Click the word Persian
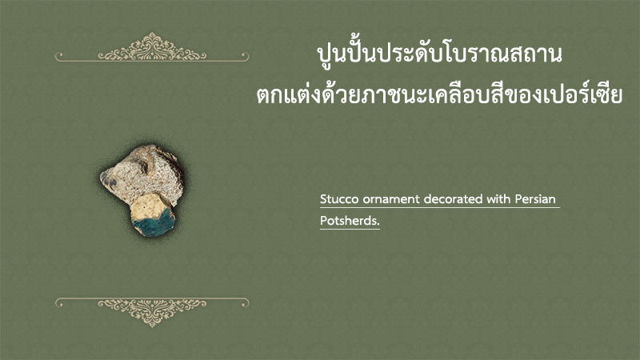pos(535,198)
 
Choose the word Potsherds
pos(350,221)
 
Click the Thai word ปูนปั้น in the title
pos(346,54)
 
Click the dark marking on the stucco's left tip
pos(108,179)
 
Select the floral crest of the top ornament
pos(152,47)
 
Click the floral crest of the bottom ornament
pos(152,313)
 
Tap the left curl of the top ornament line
pos(59,56)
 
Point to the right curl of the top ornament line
pos(244,56)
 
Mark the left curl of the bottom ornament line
pos(59,303)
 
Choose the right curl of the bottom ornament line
pos(244,303)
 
